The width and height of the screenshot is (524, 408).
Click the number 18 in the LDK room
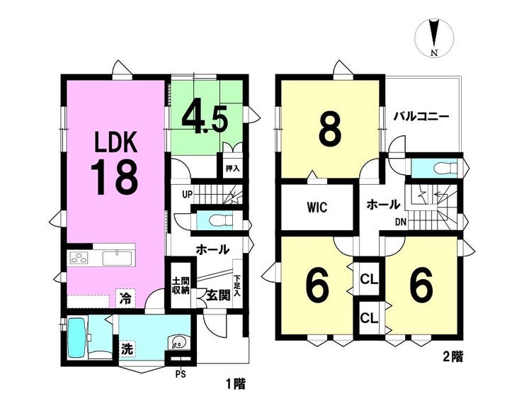[x=114, y=177]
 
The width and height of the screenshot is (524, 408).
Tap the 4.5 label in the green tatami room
[x=205, y=119]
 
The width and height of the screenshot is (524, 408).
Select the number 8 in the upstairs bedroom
[x=330, y=129]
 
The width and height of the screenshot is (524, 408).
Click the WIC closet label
[x=317, y=208]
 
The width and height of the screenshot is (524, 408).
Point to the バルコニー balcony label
[x=421, y=117]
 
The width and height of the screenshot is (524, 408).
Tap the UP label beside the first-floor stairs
[x=188, y=194]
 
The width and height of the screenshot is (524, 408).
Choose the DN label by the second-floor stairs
[x=401, y=222]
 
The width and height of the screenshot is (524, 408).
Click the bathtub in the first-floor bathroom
[x=76, y=338]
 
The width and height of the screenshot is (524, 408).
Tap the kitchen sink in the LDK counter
[x=118, y=258]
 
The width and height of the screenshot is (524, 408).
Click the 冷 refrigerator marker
[x=125, y=297]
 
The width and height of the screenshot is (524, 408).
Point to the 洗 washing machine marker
[x=127, y=349]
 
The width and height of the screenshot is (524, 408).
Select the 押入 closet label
[x=232, y=168]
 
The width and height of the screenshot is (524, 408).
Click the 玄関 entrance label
[x=218, y=295]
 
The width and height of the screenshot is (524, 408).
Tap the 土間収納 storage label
[x=181, y=285]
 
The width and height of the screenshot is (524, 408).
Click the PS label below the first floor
[x=181, y=374]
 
